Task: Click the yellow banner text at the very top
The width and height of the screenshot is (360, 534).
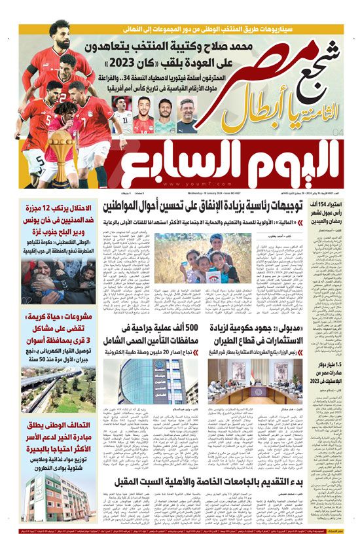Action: [180, 29]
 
